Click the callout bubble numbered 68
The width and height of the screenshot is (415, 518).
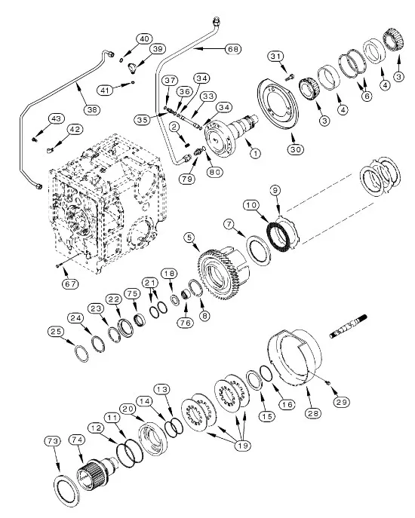click(x=233, y=49)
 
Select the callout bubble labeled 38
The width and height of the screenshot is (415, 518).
click(x=92, y=109)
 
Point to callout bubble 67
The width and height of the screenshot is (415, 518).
click(x=70, y=284)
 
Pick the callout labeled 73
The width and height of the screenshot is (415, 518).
click(x=53, y=440)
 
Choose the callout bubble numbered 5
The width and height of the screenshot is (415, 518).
click(x=189, y=238)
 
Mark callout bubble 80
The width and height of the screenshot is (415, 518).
click(x=214, y=172)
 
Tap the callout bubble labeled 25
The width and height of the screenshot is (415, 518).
click(x=56, y=331)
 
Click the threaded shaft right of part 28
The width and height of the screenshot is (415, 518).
click(x=349, y=326)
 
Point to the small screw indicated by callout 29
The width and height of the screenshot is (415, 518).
click(x=327, y=383)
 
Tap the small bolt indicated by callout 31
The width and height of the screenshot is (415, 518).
click(x=289, y=78)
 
